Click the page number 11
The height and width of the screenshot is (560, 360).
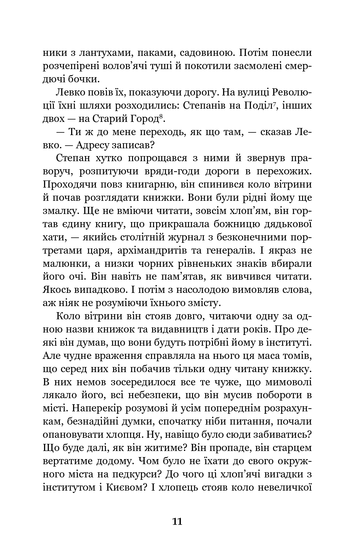177,521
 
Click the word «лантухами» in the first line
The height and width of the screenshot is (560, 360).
104,53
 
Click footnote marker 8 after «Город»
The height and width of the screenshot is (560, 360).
161,116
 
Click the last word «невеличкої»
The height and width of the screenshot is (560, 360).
283,488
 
